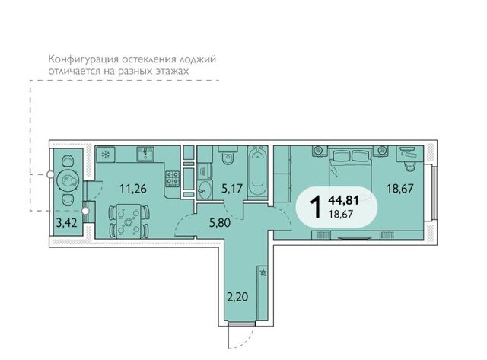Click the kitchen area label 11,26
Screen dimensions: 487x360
[x=133, y=189]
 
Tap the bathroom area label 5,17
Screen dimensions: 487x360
[x=232, y=188]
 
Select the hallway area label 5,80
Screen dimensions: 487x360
[x=220, y=223]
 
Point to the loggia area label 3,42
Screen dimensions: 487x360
[x=67, y=223]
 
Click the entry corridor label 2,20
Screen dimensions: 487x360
[x=237, y=297]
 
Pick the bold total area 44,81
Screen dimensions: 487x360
[x=343, y=201]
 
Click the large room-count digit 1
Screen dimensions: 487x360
[x=317, y=207]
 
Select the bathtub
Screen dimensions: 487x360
[x=258, y=172]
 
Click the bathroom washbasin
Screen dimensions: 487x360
[x=205, y=189]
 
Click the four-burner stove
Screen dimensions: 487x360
[x=173, y=179]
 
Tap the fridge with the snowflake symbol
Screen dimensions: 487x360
[x=106, y=154]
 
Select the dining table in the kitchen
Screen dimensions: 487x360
[x=129, y=221]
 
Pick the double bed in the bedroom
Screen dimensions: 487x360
[x=350, y=169]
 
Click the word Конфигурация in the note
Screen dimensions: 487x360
[x=83, y=59]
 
